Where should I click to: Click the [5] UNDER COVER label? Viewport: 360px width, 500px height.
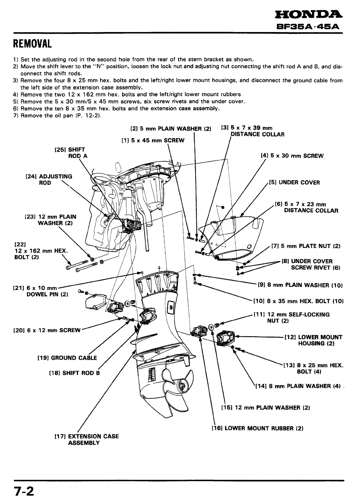click(x=294, y=182)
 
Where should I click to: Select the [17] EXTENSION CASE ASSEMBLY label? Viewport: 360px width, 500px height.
click(x=87, y=439)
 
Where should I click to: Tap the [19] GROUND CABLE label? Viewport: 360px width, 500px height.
click(x=67, y=358)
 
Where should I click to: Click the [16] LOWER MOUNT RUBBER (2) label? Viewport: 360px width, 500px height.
click(x=257, y=428)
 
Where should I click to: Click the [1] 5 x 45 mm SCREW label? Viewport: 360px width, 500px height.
click(x=153, y=140)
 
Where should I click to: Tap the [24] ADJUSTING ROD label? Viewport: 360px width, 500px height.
click(x=49, y=180)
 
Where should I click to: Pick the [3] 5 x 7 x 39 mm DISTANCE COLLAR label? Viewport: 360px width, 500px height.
click(x=252, y=131)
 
